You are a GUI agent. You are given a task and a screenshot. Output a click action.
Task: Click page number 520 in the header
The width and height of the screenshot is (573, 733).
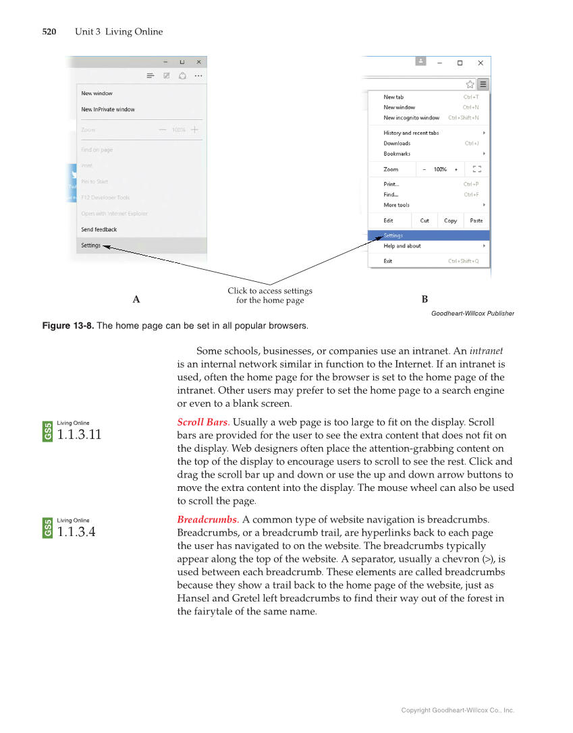(x=49, y=32)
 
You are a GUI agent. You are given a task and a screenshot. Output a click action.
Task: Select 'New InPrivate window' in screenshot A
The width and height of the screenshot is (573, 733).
(x=108, y=109)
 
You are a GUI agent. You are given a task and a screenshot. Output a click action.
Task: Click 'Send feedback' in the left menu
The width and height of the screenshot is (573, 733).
(x=99, y=229)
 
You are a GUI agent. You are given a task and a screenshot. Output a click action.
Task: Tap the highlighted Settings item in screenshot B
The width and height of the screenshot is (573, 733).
(x=393, y=235)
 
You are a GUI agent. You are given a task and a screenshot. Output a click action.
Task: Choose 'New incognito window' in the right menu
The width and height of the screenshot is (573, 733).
(x=411, y=118)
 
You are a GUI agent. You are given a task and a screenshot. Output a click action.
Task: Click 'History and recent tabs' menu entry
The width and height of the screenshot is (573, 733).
(x=411, y=133)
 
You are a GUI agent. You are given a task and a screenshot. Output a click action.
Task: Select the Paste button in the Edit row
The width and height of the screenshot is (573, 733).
(x=476, y=221)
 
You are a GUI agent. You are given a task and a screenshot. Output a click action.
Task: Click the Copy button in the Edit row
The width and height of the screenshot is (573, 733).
(x=450, y=221)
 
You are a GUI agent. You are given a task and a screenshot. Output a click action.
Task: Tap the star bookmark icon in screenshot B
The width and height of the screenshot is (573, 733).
(x=470, y=84)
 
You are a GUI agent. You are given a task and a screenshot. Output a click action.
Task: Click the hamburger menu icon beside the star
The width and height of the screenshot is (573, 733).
(x=483, y=84)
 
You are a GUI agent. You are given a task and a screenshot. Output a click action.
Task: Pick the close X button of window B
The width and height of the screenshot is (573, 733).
(x=481, y=63)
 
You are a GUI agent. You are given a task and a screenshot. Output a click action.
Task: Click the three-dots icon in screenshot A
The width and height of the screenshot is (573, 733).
(x=198, y=76)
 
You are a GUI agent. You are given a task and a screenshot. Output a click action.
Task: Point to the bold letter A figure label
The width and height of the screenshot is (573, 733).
(x=136, y=299)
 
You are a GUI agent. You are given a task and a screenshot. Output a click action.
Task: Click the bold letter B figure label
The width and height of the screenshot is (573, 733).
(x=425, y=299)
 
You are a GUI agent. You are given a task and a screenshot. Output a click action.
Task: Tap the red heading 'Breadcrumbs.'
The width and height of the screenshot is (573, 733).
(x=208, y=520)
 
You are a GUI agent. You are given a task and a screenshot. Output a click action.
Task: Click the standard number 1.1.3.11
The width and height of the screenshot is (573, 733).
(x=79, y=435)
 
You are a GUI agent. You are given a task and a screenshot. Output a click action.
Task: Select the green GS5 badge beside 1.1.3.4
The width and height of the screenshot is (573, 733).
(x=48, y=528)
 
